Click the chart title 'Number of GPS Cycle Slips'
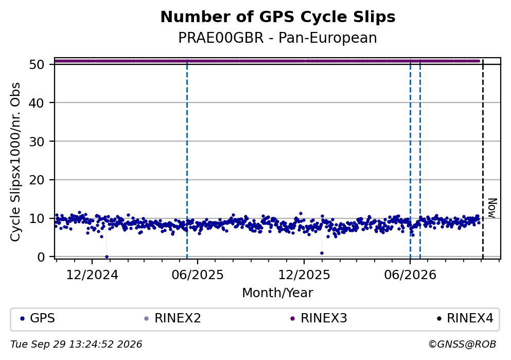(x=278, y=17)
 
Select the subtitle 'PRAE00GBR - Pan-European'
(x=278, y=38)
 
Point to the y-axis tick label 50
(x=37, y=64)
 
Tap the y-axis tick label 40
(x=37, y=103)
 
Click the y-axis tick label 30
(x=37, y=142)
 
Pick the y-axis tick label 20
(x=37, y=180)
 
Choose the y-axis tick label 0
(x=41, y=257)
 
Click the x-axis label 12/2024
(x=92, y=275)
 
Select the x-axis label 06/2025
(x=198, y=275)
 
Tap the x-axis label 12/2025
(x=304, y=275)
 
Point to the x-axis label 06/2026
(x=410, y=275)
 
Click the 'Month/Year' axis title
(x=278, y=293)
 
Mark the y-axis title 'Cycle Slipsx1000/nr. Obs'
(x=15, y=162)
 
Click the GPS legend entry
(x=38, y=318)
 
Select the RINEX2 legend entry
(x=173, y=318)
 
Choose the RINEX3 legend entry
(x=319, y=318)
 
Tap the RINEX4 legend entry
(x=465, y=318)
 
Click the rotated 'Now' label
(x=492, y=208)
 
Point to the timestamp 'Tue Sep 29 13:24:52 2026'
(x=76, y=345)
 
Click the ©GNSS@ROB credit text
(x=462, y=345)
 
